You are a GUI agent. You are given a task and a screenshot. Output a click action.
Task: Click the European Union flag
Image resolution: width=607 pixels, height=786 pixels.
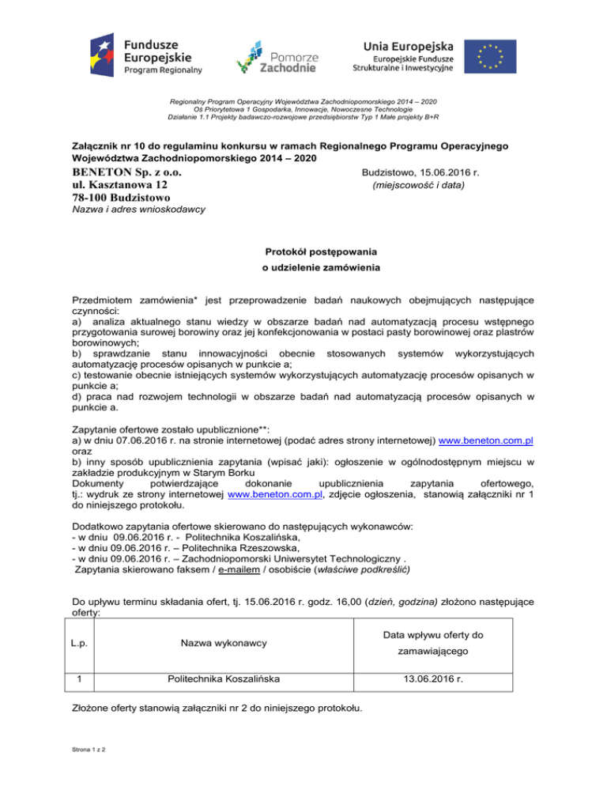click(489, 55)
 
